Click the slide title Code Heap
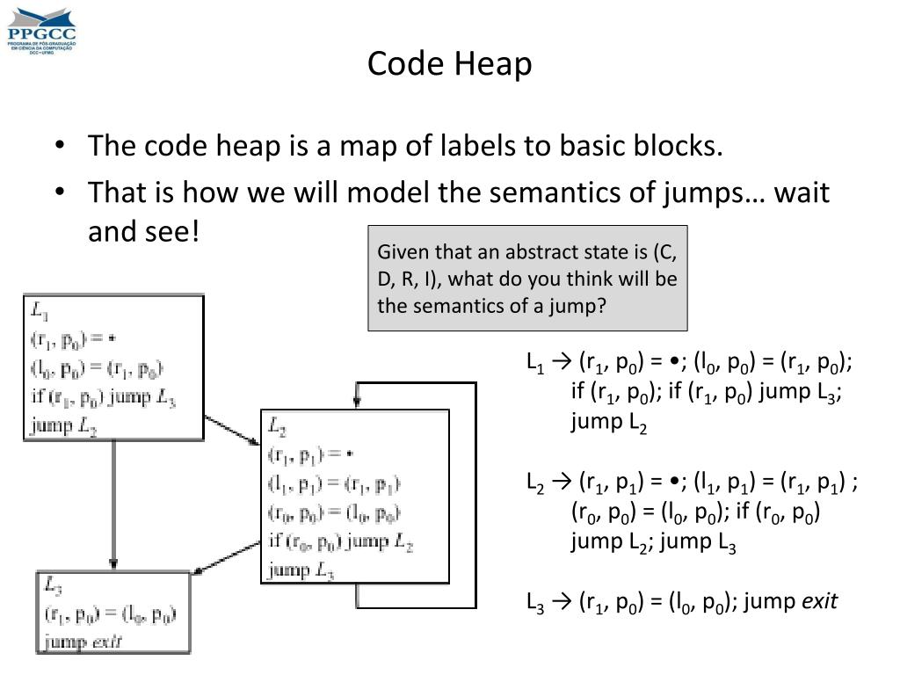click(x=449, y=64)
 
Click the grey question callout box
click(x=527, y=279)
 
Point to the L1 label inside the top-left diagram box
click(x=40, y=309)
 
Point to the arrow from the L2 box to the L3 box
click(x=225, y=554)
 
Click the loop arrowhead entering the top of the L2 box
click(x=356, y=401)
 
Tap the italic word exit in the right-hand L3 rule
click(x=818, y=602)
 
